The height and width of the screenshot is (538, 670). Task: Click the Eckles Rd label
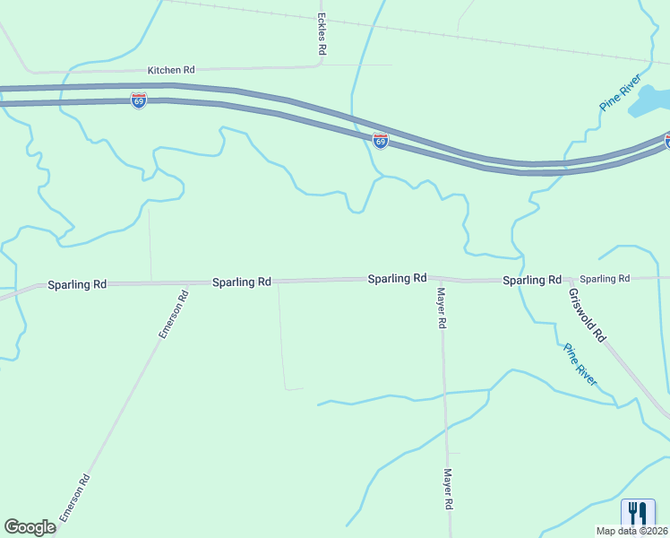(321, 35)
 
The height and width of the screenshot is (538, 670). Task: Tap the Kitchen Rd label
(171, 70)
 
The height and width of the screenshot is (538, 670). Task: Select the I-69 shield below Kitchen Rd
(138, 100)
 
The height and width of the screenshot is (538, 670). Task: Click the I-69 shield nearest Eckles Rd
(381, 141)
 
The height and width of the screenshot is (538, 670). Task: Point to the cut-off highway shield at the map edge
(666, 140)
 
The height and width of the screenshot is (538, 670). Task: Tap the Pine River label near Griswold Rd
(580, 365)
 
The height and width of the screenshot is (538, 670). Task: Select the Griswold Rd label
(588, 314)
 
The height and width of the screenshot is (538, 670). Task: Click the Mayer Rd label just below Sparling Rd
(442, 308)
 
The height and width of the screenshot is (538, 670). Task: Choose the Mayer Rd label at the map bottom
(447, 490)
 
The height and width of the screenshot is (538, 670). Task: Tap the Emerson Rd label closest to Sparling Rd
(174, 314)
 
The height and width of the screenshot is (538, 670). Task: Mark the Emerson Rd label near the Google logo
(75, 498)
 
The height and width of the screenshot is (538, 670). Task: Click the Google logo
(30, 527)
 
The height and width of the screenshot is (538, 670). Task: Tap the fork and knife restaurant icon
(638, 512)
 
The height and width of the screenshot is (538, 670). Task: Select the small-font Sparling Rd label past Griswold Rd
(605, 279)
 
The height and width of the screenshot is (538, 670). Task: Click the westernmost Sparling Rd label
(77, 284)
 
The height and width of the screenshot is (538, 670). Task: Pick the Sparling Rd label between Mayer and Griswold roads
(531, 281)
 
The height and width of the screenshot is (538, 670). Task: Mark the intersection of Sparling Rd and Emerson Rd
(188, 282)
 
